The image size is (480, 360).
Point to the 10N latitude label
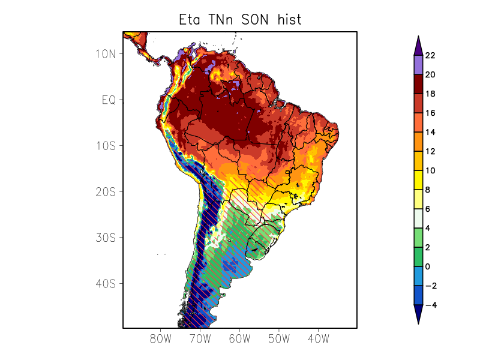coord(105,54)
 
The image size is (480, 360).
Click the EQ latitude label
coord(108,100)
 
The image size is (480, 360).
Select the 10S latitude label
coord(105,146)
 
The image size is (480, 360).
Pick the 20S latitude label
coord(105,191)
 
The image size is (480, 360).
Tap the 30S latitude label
coord(105,238)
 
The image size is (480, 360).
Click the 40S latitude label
coord(105,283)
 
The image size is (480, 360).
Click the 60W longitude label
coord(239,339)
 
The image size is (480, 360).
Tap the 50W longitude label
coord(279,339)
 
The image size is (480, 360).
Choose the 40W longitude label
coord(318,339)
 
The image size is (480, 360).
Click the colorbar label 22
coord(430,56)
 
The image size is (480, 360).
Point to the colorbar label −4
coord(430,305)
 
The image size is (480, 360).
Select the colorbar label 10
coord(430,171)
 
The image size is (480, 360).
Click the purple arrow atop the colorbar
coord(418,46)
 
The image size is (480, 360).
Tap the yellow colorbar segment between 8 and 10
coord(418,181)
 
